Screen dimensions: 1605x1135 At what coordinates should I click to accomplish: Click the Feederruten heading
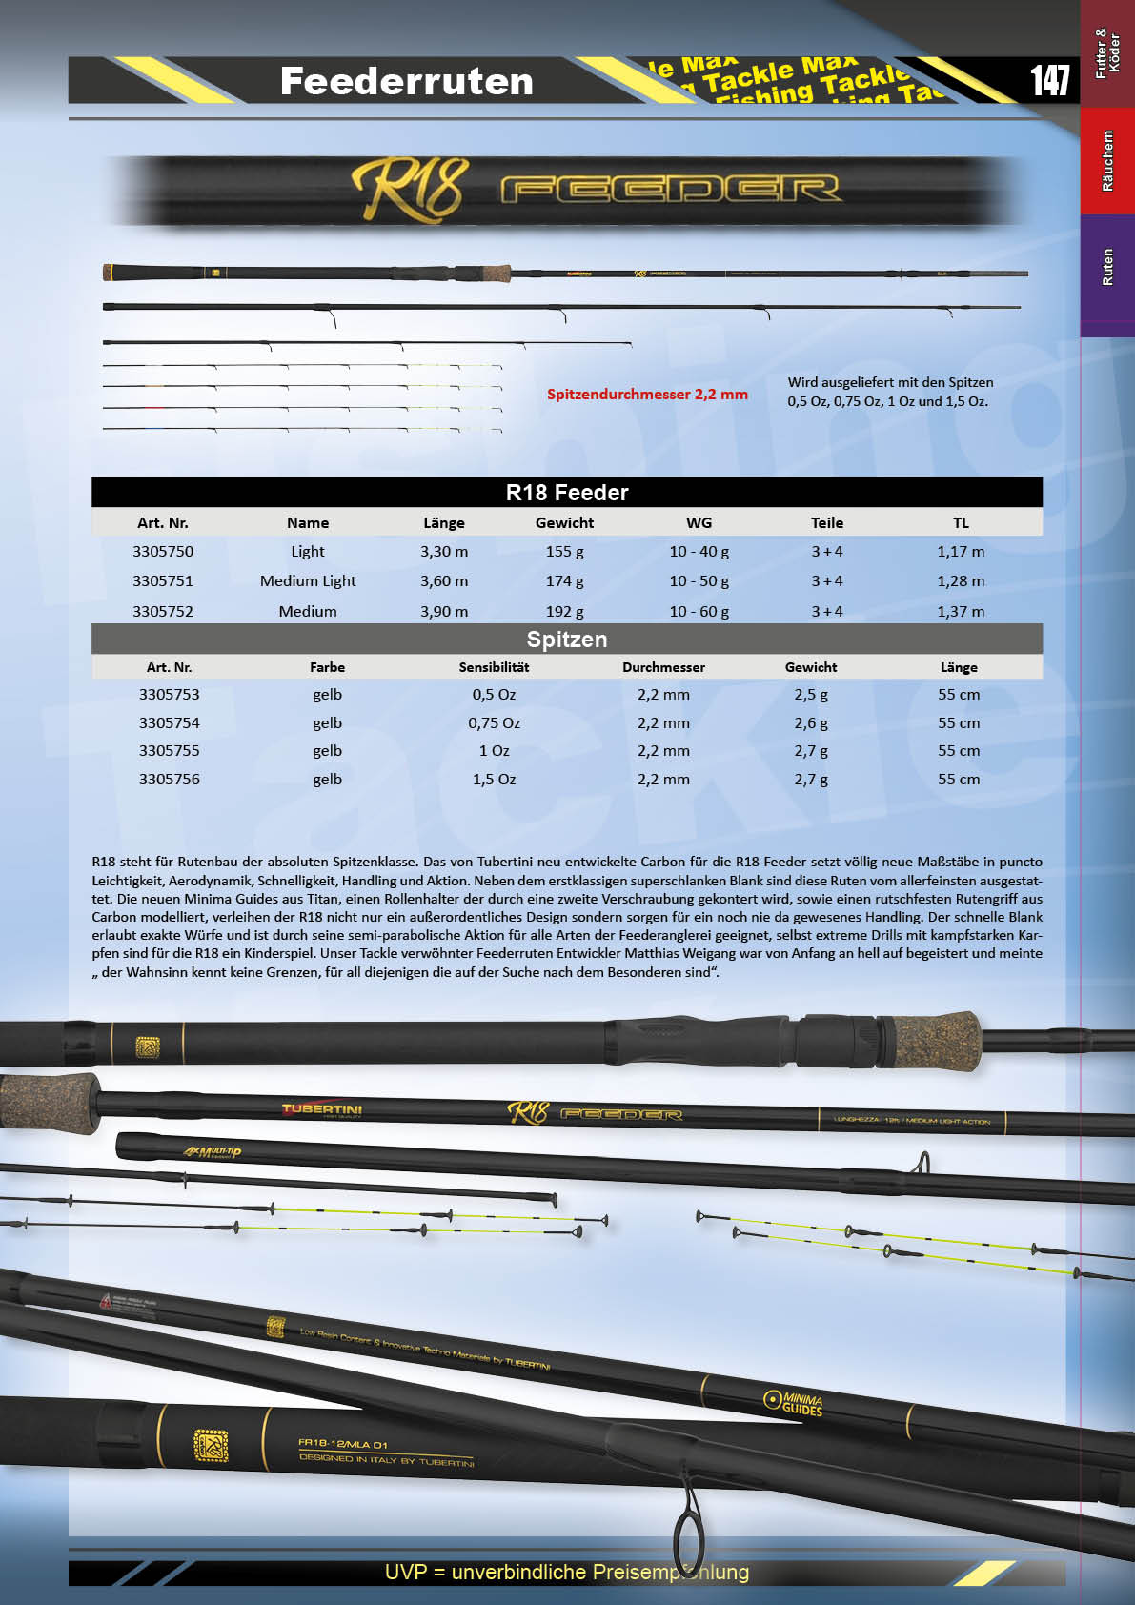tap(406, 81)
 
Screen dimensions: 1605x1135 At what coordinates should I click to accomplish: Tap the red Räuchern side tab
tap(1107, 160)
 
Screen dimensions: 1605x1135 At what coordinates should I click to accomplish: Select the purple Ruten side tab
tap(1107, 268)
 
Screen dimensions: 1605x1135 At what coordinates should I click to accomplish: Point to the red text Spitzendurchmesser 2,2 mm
tap(647, 394)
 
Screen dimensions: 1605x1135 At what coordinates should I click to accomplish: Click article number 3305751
tap(163, 580)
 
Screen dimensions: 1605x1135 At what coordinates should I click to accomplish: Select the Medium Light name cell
tap(308, 580)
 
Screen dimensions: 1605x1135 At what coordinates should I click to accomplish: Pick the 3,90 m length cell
tap(444, 611)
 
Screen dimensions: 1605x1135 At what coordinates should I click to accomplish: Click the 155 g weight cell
tap(564, 551)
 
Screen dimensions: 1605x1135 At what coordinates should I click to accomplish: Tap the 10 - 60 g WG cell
tap(699, 611)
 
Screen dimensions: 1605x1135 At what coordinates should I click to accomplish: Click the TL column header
tap(961, 522)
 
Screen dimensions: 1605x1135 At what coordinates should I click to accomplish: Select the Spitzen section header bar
tap(566, 639)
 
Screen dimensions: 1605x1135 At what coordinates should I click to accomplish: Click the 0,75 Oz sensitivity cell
tap(494, 722)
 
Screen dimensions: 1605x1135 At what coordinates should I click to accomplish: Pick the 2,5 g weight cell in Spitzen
tap(810, 694)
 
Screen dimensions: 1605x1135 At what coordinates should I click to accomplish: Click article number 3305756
tap(170, 779)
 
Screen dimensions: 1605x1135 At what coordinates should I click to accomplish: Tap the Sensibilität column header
tap(494, 667)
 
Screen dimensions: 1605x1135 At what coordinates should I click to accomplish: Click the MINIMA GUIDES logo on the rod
tap(794, 1402)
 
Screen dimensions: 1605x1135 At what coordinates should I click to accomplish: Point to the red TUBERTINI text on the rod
tap(322, 1109)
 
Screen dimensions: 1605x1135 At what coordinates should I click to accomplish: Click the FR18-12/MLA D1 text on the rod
tap(342, 1444)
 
